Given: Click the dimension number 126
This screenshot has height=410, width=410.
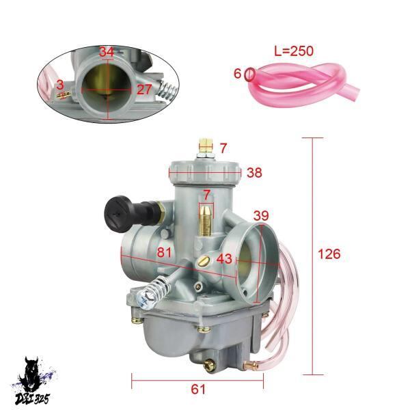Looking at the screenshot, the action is click(329, 254).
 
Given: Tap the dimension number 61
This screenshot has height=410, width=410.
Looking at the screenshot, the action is click(198, 389).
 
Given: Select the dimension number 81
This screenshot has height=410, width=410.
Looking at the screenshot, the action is click(164, 253).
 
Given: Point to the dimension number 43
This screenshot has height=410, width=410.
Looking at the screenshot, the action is click(224, 259).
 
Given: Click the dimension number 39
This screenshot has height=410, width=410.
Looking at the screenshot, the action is click(261, 215).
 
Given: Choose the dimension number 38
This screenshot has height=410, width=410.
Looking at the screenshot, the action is click(254, 173).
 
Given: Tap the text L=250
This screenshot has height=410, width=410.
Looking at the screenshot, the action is click(294, 51).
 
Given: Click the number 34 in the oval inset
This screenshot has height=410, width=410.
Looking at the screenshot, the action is click(107, 52).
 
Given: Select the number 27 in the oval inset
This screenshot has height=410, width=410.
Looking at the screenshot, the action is click(144, 90).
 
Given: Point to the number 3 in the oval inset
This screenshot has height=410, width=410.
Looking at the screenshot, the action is click(60, 85).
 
